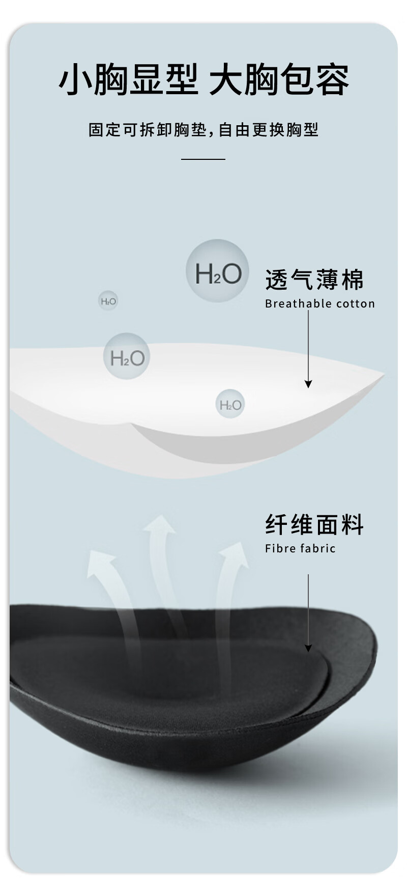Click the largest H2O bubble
(x=217, y=271)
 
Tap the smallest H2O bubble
(x=108, y=301)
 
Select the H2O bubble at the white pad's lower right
(x=230, y=404)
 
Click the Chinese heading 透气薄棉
(x=314, y=280)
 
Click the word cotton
(x=355, y=304)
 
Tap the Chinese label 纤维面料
(x=314, y=524)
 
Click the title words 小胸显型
(x=128, y=80)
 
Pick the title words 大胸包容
(x=279, y=80)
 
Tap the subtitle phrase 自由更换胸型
(x=268, y=130)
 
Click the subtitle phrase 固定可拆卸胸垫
(x=148, y=130)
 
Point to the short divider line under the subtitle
(x=203, y=159)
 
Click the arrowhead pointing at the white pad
(x=308, y=384)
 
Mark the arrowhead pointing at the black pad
(x=308, y=648)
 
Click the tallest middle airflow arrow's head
(x=160, y=526)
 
